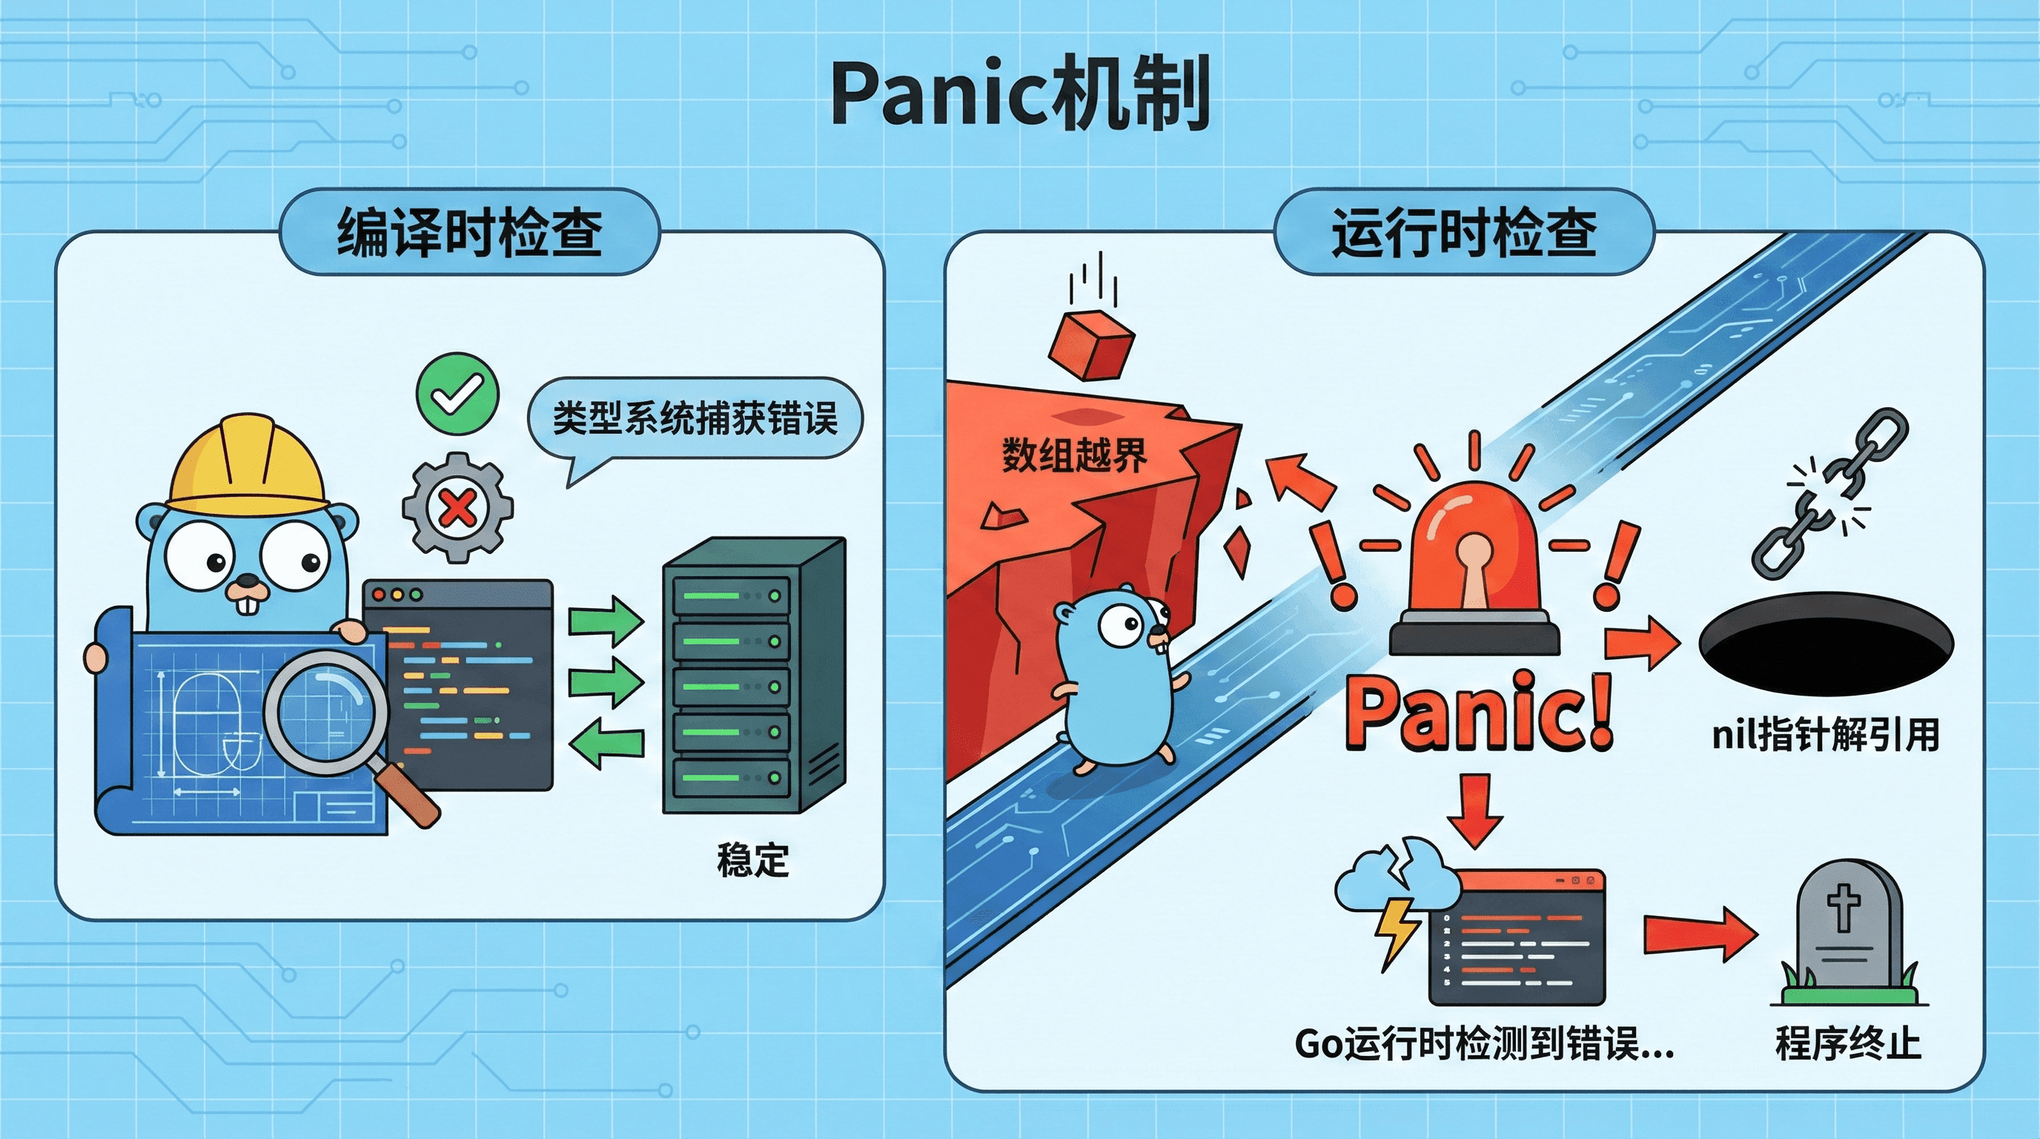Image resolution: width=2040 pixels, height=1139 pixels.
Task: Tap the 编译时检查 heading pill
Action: [470, 232]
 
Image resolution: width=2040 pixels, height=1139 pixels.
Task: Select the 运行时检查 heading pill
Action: [1463, 232]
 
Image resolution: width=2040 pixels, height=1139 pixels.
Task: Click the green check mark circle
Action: [457, 394]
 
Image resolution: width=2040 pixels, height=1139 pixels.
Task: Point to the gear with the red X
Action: [457, 508]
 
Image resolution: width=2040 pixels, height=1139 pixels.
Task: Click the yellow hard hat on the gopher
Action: [247, 467]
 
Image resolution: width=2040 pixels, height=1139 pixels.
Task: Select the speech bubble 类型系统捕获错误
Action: [695, 418]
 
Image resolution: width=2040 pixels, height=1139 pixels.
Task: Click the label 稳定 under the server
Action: [752, 860]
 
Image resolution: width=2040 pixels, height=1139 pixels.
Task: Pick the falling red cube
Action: [1091, 346]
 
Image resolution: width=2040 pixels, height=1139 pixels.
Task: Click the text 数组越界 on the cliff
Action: [1074, 455]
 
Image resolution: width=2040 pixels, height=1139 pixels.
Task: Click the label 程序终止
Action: [1847, 1043]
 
